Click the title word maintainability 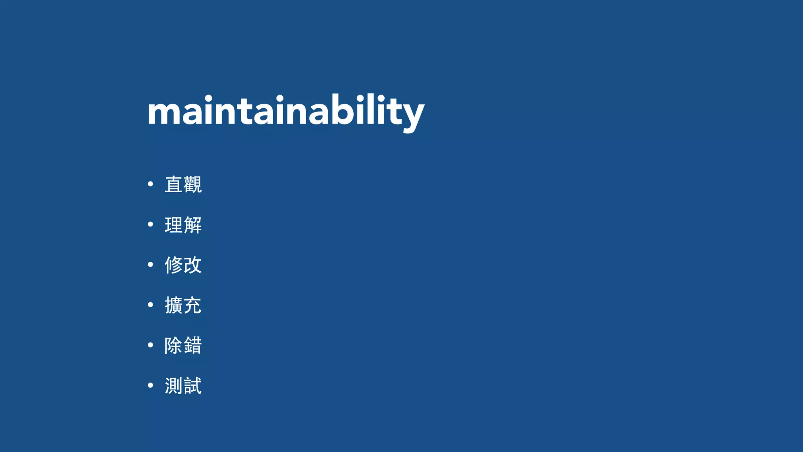[285, 111]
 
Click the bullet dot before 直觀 [150, 184]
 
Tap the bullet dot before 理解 [150, 224]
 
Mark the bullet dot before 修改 [150, 265]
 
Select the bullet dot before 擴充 [150, 305]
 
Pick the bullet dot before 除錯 [150, 345]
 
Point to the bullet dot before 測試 [150, 385]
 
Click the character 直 [174, 184]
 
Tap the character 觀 [193, 184]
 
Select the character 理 [174, 225]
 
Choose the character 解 [193, 225]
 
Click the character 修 [174, 265]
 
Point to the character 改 [193, 265]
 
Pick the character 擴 [174, 305]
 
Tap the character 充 [193, 305]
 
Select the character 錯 [193, 346]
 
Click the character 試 [193, 386]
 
